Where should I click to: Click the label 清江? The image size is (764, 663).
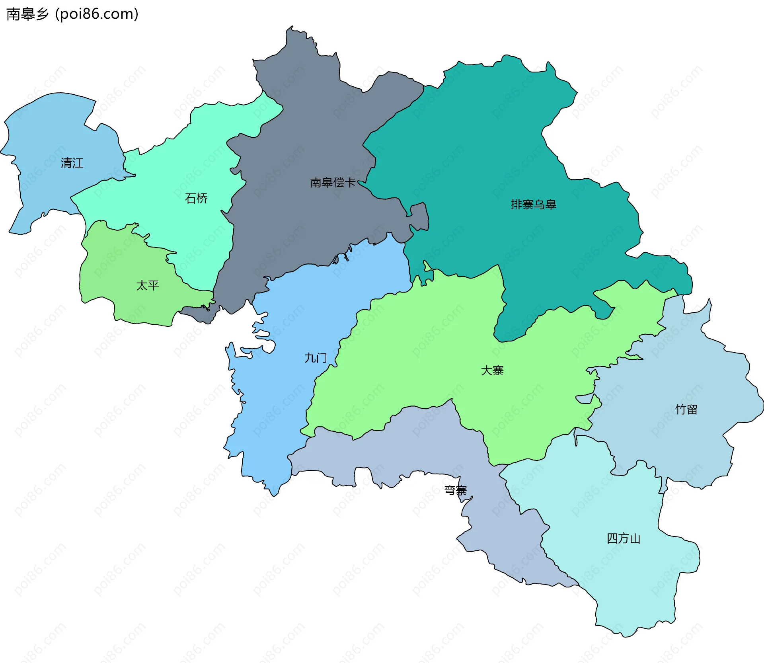[x=72, y=163]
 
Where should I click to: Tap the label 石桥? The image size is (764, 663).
[x=196, y=198]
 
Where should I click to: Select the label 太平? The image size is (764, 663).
[x=147, y=285]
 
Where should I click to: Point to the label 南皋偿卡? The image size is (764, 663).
[x=333, y=182]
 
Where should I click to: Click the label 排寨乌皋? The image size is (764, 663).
[x=533, y=204]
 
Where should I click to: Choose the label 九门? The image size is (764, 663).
[x=316, y=358]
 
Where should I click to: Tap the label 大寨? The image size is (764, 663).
[x=492, y=370]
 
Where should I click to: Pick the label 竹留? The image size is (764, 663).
[x=686, y=409]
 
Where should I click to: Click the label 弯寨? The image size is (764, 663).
[x=455, y=490]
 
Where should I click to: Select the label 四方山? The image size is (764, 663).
[x=623, y=538]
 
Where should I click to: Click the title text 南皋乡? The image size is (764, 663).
[x=27, y=14]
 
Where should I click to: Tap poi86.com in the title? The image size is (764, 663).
[x=97, y=14]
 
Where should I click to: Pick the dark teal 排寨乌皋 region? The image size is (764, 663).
[x=497, y=139]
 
